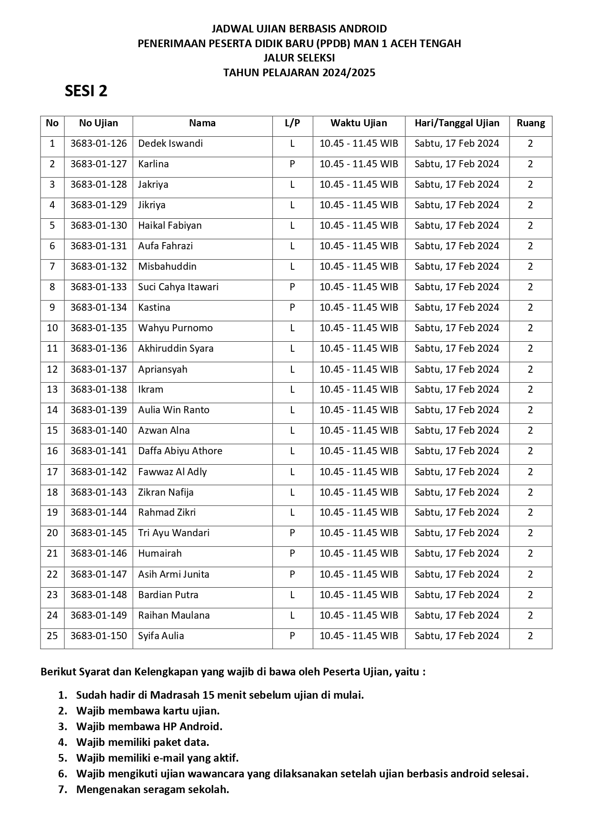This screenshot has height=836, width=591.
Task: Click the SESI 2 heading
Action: click(x=86, y=91)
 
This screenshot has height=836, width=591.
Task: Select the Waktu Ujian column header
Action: click(x=359, y=123)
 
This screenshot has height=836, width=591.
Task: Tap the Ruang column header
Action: click(x=531, y=123)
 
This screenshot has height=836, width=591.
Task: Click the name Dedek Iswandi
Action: click(x=170, y=143)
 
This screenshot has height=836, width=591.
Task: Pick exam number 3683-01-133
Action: click(x=99, y=287)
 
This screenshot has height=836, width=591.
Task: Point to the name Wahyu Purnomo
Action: click(x=175, y=328)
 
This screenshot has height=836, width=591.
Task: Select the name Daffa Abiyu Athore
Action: click(x=180, y=451)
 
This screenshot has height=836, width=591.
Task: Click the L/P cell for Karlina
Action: click(x=292, y=164)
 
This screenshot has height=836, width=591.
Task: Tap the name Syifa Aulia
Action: click(x=161, y=636)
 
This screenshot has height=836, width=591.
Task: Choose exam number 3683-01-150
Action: click(x=99, y=636)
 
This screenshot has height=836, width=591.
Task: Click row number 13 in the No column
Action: click(x=52, y=389)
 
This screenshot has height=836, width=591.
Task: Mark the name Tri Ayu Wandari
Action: click(x=174, y=533)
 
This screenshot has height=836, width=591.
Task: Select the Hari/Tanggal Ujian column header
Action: click(x=457, y=123)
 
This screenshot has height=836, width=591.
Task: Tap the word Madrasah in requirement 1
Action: click(x=177, y=695)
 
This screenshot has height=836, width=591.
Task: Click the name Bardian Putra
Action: click(x=168, y=595)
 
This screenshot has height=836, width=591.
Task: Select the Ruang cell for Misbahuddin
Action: click(x=531, y=266)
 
